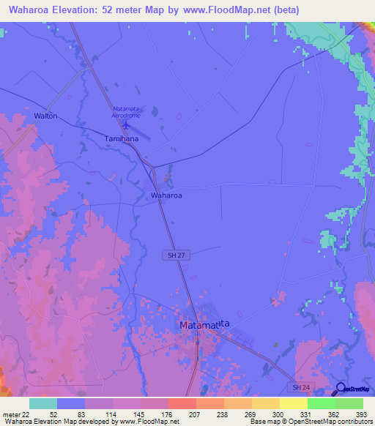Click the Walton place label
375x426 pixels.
45,116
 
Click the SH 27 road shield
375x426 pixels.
172,254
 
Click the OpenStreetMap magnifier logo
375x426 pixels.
342,389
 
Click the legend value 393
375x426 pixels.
362,414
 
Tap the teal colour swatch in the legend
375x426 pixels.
43,403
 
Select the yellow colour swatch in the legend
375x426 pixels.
293,403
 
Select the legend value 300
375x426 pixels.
278,414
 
